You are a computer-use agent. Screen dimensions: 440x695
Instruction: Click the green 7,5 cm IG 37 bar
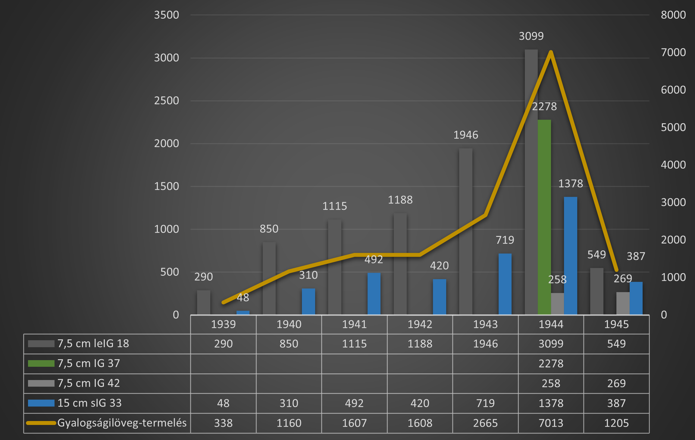pyautogui.click(x=544, y=217)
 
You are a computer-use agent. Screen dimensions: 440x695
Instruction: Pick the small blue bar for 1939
pyautogui.click(x=243, y=313)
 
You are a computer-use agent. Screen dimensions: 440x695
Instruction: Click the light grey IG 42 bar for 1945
pyautogui.click(x=623, y=303)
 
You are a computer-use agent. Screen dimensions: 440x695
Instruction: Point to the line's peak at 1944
pyautogui.click(x=551, y=52)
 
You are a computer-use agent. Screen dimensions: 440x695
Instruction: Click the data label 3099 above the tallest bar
pyautogui.click(x=531, y=36)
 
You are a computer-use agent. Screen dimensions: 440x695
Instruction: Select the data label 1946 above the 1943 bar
pyautogui.click(x=466, y=135)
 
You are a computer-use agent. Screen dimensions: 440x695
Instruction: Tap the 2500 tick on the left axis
pyautogui.click(x=166, y=101)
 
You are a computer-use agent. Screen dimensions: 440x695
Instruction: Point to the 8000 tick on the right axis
pyautogui.click(x=673, y=15)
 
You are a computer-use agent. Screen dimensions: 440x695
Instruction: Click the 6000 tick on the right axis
pyautogui.click(x=673, y=90)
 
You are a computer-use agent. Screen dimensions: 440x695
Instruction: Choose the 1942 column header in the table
pyautogui.click(x=420, y=324)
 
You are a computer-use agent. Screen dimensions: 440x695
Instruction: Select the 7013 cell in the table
pyautogui.click(x=551, y=423)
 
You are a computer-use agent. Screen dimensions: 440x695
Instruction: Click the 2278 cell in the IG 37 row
pyautogui.click(x=551, y=363)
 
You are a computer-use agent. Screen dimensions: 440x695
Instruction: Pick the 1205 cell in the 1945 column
pyautogui.click(x=616, y=423)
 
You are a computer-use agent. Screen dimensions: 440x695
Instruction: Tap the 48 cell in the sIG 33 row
pyautogui.click(x=223, y=403)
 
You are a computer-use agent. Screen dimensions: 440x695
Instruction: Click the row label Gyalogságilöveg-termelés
pyautogui.click(x=122, y=423)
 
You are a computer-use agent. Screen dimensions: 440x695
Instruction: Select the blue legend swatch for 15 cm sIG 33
pyautogui.click(x=41, y=403)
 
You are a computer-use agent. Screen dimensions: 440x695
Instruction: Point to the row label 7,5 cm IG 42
pyautogui.click(x=89, y=383)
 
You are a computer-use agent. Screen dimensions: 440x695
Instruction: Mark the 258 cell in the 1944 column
pyautogui.click(x=551, y=383)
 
